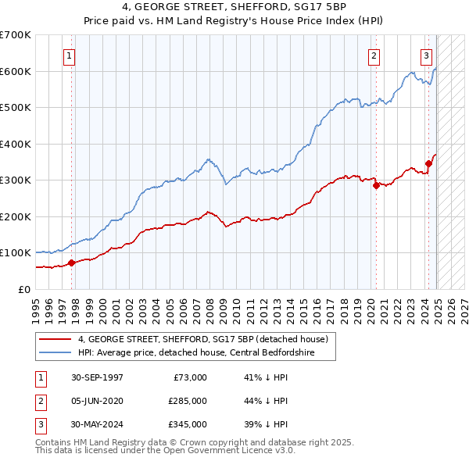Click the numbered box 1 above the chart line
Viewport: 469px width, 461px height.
click(x=70, y=55)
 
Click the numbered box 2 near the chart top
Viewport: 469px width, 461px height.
click(x=374, y=55)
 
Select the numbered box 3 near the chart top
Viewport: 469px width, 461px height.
click(x=427, y=55)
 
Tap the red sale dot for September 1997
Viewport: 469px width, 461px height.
click(x=71, y=263)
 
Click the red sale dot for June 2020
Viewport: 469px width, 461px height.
click(x=376, y=185)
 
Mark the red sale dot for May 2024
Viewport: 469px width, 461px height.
click(x=428, y=163)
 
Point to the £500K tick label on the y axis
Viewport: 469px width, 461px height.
click(x=16, y=107)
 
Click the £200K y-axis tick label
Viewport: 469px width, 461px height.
click(x=16, y=216)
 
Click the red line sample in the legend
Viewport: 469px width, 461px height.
click(x=56, y=339)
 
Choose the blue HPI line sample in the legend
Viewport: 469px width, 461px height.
click(x=56, y=352)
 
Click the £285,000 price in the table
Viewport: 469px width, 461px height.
click(x=188, y=401)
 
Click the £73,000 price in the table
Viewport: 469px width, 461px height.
click(x=191, y=377)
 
